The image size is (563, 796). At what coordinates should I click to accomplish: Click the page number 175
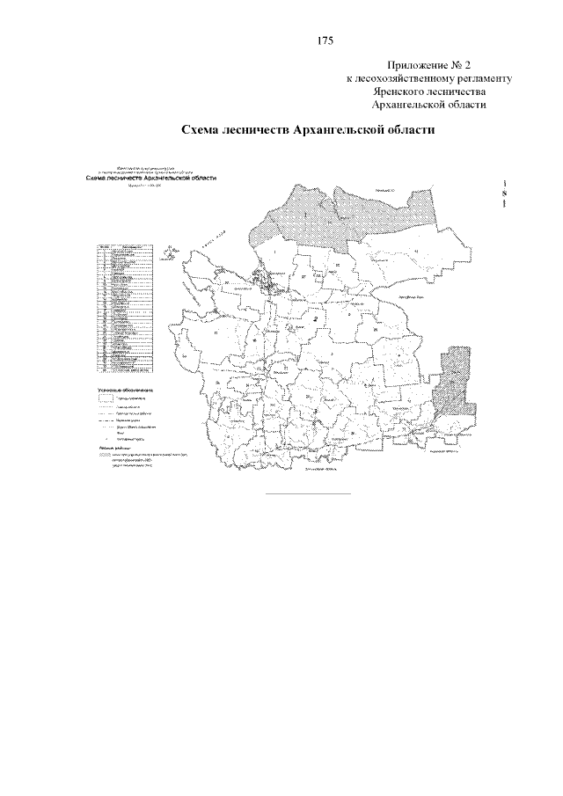[x=323, y=41]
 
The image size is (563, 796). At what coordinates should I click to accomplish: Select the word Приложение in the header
[x=417, y=66]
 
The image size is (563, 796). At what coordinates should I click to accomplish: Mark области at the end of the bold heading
[x=409, y=129]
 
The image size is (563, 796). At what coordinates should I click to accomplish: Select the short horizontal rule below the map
[x=307, y=493]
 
